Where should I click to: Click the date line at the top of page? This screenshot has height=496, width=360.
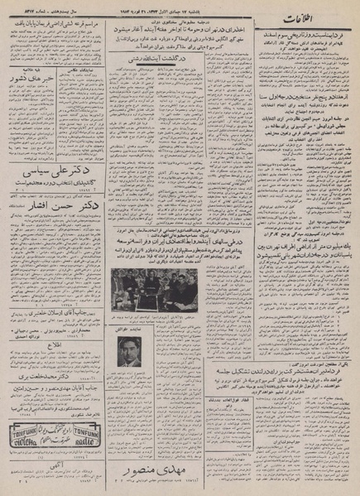point(180,7)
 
